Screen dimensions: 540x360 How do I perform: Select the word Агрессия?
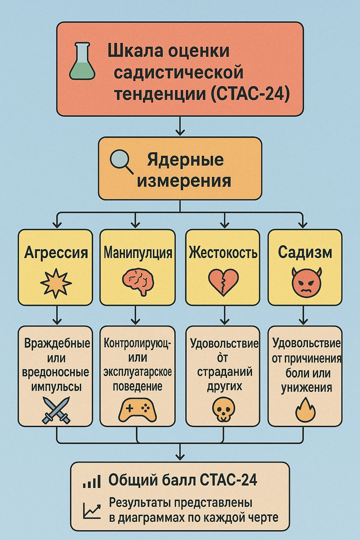(56, 252)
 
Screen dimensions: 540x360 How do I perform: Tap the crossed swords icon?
(56, 410)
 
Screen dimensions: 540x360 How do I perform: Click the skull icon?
(223, 410)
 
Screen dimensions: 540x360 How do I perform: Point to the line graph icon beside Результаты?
(92, 510)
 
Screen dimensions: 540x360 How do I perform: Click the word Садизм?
(305, 252)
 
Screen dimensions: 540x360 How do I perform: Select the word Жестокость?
(223, 253)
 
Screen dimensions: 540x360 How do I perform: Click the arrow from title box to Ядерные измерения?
(180, 126)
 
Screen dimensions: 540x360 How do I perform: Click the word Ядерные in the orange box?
(185, 160)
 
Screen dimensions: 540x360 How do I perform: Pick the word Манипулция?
(138, 253)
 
